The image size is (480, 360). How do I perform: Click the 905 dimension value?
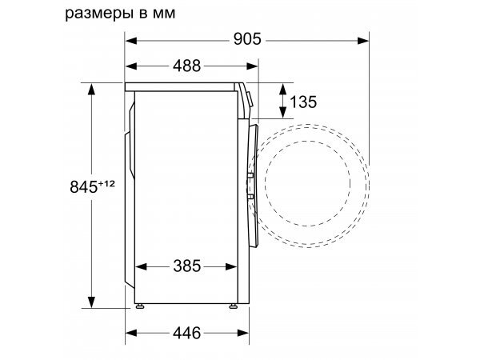click(247, 39)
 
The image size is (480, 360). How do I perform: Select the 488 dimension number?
click(186, 66)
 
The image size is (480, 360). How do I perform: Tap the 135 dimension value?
click(303, 102)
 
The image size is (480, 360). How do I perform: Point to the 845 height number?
click(83, 186)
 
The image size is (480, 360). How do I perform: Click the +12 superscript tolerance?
click(106, 184)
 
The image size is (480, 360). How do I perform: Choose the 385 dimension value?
click(186, 266)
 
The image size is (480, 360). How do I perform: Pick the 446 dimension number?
click(186, 333)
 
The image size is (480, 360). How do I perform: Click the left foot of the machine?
click(140, 306)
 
